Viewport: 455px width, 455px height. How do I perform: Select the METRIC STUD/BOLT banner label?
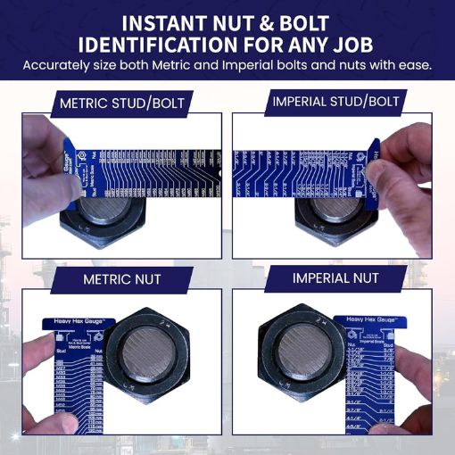pyautogui.click(x=122, y=103)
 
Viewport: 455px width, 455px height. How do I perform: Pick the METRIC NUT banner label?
pyautogui.click(x=122, y=279)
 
